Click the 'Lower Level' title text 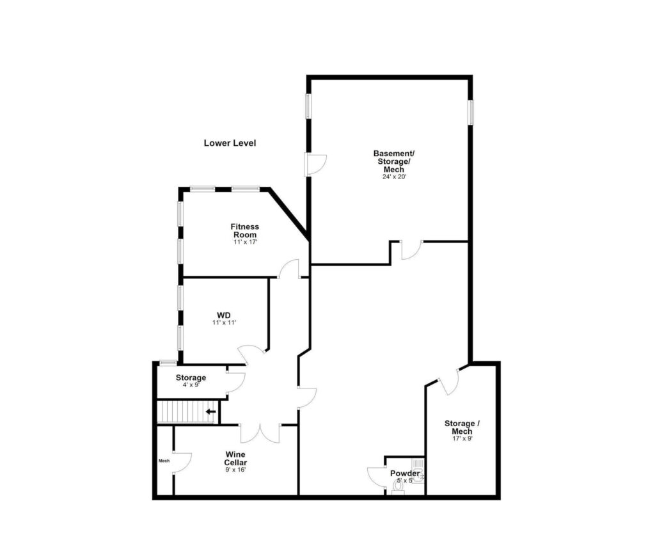tap(230, 143)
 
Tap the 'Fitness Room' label tap(245, 230)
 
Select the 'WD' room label tap(223, 315)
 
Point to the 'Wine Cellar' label tap(235, 458)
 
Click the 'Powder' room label tap(405, 474)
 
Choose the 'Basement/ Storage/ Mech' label tap(393, 161)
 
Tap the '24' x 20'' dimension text tap(393, 177)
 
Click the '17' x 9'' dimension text tap(460, 439)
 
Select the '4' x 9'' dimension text tap(191, 386)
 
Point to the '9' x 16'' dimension tap(235, 470)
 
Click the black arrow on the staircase tap(210, 411)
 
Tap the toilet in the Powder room tap(398, 487)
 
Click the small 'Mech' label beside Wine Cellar tap(164, 460)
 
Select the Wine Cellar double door tap(260, 433)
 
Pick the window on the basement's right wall tap(470, 111)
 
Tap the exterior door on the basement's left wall tap(315, 164)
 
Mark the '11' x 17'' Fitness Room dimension tap(245, 243)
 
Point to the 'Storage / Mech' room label tap(460, 427)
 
